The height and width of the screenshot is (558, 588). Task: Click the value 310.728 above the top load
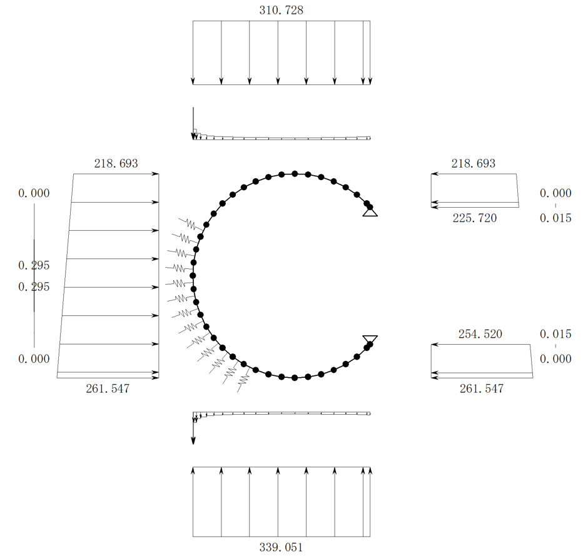tap(281, 10)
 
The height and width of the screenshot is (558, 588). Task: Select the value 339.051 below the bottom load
tap(281, 547)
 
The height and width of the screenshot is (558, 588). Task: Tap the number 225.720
tap(474, 218)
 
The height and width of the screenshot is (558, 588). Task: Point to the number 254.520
tap(480, 334)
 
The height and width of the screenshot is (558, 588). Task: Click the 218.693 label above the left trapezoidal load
tap(116, 163)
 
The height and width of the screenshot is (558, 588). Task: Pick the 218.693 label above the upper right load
tap(474, 163)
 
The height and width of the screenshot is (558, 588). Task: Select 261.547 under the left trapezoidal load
tap(108, 388)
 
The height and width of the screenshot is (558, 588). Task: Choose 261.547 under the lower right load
tap(482, 388)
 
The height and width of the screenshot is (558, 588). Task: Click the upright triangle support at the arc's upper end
tap(370, 212)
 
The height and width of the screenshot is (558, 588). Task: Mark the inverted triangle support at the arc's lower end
tap(370, 340)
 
